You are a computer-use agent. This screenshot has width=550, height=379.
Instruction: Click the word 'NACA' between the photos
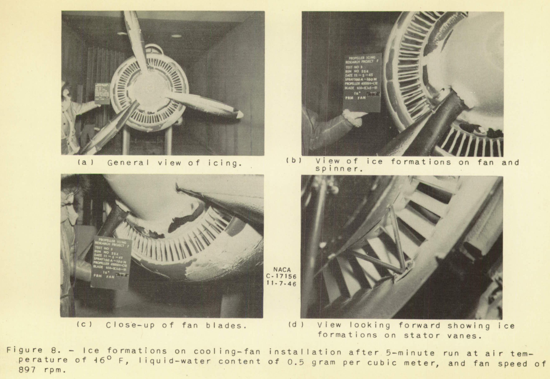pyautogui.click(x=283, y=270)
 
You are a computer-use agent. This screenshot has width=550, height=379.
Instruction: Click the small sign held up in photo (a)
pyautogui.click(x=102, y=94)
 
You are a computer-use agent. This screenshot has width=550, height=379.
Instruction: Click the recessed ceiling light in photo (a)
pyautogui.click(x=176, y=36)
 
